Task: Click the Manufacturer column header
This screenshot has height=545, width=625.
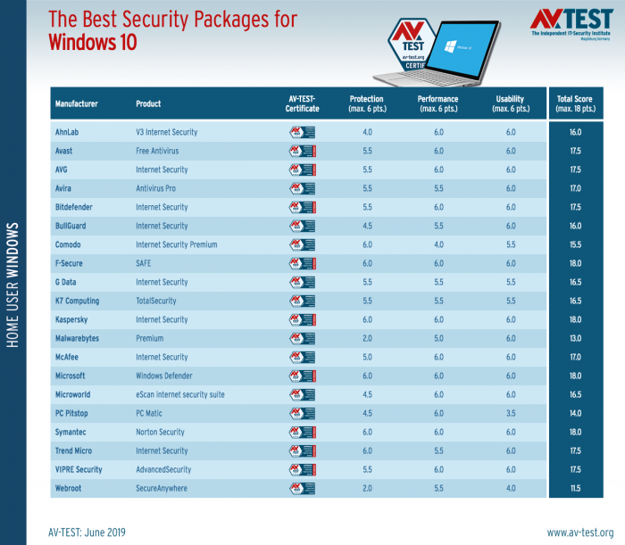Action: coord(76,103)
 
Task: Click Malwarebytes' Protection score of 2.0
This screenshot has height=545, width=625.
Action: coord(366,338)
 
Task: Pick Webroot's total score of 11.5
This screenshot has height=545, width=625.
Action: coord(576,488)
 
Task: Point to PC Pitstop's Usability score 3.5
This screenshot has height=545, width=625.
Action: coord(510,413)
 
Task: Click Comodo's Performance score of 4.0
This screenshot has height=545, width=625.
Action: coord(438,244)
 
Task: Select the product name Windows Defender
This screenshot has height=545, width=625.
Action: coord(163,376)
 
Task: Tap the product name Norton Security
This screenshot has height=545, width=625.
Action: coord(162,432)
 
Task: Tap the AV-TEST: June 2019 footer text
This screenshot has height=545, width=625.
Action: coord(87,532)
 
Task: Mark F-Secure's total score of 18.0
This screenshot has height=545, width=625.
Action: coord(576,263)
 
